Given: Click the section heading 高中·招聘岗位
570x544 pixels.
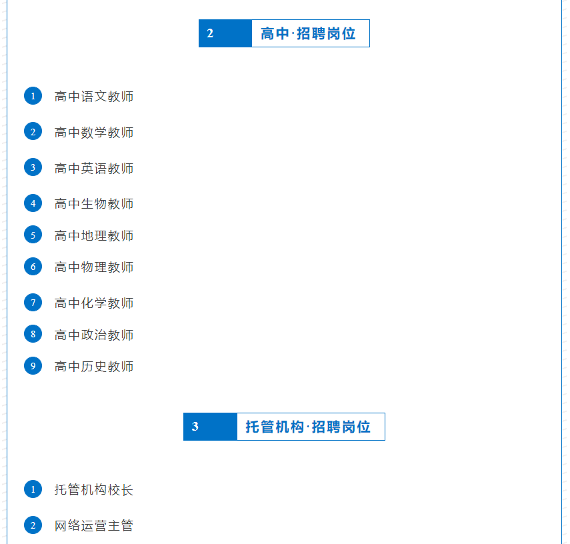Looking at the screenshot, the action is (309, 33).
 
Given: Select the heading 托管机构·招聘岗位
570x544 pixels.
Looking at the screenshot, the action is (309, 427).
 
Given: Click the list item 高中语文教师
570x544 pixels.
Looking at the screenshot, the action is (94, 97).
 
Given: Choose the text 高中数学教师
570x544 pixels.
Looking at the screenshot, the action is (94, 133).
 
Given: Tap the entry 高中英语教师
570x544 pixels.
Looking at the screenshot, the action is (94, 169).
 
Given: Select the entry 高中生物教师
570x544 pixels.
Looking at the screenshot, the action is (94, 204).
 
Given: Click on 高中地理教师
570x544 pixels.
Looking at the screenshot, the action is (94, 236).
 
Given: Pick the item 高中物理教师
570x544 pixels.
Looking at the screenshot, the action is (94, 267).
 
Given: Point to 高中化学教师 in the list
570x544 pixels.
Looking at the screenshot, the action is (94, 303).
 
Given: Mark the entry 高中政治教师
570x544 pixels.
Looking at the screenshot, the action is (94, 335).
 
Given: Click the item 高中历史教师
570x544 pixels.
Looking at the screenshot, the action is (94, 367).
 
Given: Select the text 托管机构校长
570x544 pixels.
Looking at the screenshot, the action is (94, 490).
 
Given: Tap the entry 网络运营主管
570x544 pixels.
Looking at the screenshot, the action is (94, 526).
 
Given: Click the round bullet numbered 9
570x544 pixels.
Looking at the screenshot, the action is (33, 366).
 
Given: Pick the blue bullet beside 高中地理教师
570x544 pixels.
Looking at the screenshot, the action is (33, 235).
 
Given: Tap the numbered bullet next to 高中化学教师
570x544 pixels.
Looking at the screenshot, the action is (33, 303).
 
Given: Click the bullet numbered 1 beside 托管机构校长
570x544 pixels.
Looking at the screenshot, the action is (33, 489).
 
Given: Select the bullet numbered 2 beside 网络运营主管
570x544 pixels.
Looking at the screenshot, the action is (33, 525).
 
